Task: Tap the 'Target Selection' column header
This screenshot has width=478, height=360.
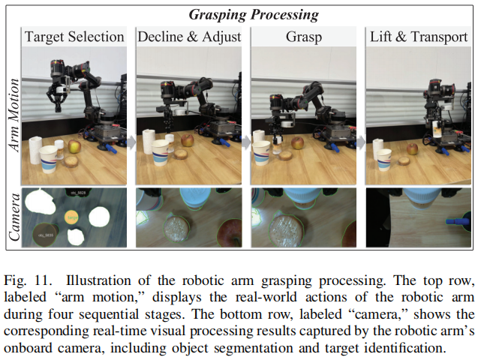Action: (x=74, y=37)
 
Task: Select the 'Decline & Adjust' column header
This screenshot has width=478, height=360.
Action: (x=188, y=37)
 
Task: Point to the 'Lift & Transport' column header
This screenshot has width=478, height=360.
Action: (x=419, y=37)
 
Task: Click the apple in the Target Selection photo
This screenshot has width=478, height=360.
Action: (x=74, y=146)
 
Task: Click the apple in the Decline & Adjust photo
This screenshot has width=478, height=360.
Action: (x=187, y=140)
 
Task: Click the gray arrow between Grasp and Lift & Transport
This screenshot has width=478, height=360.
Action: (x=361, y=142)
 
